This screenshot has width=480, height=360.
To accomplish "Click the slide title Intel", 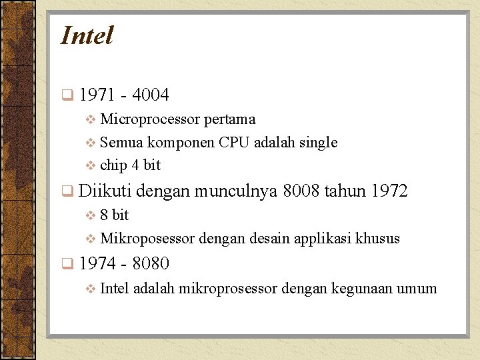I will (x=87, y=35).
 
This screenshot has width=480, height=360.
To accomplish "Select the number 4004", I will (x=151, y=95).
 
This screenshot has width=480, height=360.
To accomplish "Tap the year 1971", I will (x=96, y=95).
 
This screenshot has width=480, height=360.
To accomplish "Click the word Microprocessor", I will (x=150, y=119).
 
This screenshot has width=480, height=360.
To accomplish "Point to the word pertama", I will (x=229, y=119).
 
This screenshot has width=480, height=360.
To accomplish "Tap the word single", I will (x=319, y=142).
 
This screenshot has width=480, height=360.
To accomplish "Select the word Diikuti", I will (x=105, y=191).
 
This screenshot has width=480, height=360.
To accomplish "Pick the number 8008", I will (x=301, y=191).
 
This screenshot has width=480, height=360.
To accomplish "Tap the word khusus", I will (x=378, y=238).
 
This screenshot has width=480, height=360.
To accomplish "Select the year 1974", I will (x=96, y=264).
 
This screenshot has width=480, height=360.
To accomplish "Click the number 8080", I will (x=151, y=264).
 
